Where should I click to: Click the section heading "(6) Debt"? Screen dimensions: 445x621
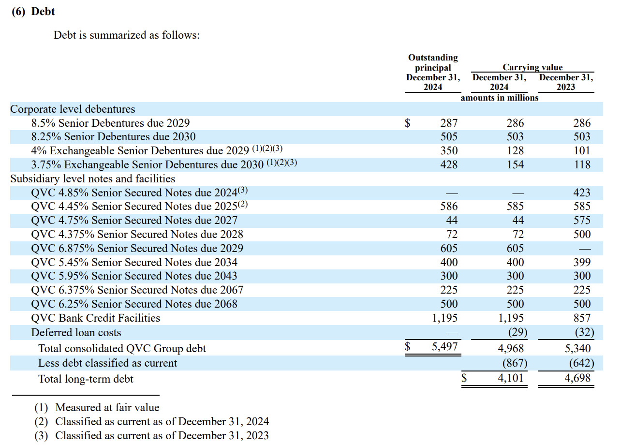(x=33, y=12)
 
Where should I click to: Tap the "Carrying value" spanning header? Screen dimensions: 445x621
(x=532, y=67)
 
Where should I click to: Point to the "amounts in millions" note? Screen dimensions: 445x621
(x=499, y=98)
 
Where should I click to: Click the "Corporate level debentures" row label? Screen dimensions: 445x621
(x=73, y=109)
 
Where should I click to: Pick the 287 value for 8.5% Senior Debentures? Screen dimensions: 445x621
(x=449, y=123)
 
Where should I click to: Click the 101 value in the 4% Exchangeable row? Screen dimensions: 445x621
(x=582, y=151)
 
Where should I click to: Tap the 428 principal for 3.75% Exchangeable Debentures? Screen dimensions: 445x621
(x=449, y=165)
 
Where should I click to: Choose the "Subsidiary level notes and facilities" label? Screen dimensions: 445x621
(x=93, y=178)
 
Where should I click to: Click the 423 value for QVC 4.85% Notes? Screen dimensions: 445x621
(x=582, y=193)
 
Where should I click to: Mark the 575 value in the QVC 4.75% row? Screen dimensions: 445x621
(x=582, y=221)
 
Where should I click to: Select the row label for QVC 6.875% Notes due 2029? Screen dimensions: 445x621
(x=137, y=248)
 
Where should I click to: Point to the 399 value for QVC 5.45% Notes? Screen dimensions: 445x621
(x=582, y=262)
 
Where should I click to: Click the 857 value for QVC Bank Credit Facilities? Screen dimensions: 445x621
(x=582, y=318)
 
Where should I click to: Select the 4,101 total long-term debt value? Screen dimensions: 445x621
(x=511, y=378)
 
